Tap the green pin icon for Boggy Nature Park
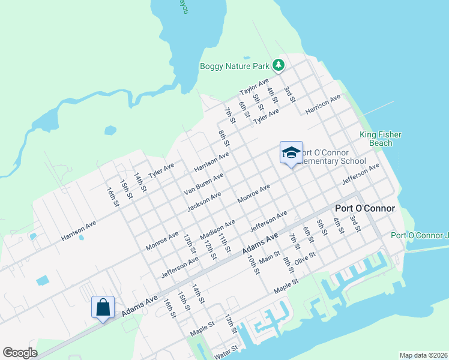(x=278, y=65)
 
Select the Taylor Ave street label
(x=255, y=88)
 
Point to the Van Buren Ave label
(x=203, y=185)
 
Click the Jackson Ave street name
(x=204, y=202)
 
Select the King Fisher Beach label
(x=381, y=139)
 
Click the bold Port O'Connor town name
(x=365, y=208)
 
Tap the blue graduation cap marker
(x=291, y=153)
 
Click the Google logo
(x=20, y=353)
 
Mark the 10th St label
(x=253, y=264)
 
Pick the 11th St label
(x=224, y=244)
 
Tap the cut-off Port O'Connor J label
(x=420, y=235)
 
